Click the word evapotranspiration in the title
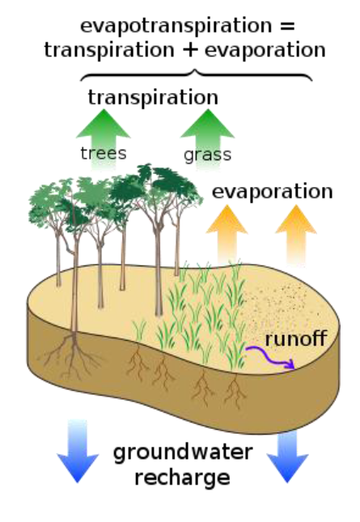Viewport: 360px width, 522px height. pyautogui.click(x=176, y=26)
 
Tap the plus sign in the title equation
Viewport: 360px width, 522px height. pyautogui.click(x=190, y=50)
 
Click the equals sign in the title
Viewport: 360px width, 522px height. pyautogui.click(x=287, y=26)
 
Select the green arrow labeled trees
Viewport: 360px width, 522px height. pyautogui.click(x=103, y=140)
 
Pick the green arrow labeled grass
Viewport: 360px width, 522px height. pyautogui.click(x=208, y=140)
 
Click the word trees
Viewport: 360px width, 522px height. pyautogui.click(x=104, y=154)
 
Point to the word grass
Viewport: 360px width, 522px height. pyautogui.click(x=207, y=155)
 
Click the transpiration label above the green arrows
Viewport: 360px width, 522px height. pyautogui.click(x=153, y=97)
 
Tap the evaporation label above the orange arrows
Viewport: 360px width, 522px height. pyautogui.click(x=272, y=192)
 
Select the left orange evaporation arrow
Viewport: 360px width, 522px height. pyautogui.click(x=227, y=235)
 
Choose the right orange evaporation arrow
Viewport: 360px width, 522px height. pyautogui.click(x=296, y=235)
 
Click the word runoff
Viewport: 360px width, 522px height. pyautogui.click(x=296, y=338)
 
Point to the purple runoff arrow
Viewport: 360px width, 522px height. pyautogui.click(x=271, y=358)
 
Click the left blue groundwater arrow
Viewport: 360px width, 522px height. pyautogui.click(x=78, y=451)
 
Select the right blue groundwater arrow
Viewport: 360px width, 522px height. pyautogui.click(x=287, y=456)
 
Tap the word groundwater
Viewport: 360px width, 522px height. pyautogui.click(x=183, y=453)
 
